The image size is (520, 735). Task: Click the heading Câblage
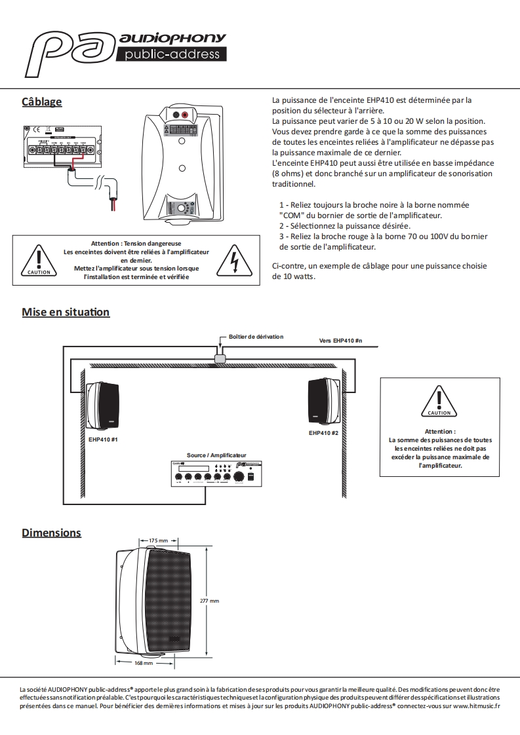click(41, 102)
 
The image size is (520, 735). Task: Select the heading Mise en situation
click(66, 312)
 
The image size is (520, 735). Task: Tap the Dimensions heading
click(51, 532)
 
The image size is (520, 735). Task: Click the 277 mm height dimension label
click(209, 600)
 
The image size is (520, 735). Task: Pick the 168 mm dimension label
click(143, 663)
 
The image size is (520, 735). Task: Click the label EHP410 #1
click(103, 438)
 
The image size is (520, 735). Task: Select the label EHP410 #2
click(323, 433)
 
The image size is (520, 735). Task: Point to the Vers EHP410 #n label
click(340, 341)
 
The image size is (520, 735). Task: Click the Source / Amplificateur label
click(216, 455)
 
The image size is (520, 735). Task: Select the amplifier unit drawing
click(216, 474)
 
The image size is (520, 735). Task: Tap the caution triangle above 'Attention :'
click(439, 402)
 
